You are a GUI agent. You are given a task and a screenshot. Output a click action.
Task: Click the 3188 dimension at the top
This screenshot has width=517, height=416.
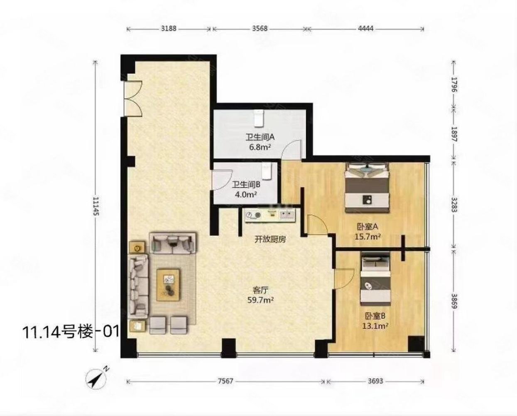[x=169, y=29]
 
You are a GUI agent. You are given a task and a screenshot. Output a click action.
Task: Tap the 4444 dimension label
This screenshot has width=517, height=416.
[x=365, y=29]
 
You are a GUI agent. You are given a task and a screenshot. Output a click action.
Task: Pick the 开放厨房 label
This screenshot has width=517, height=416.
[x=270, y=240]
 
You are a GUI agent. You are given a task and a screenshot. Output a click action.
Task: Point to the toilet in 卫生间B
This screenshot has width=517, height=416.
[x=267, y=171]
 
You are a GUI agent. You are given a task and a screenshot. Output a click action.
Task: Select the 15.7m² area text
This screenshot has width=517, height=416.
[x=368, y=236]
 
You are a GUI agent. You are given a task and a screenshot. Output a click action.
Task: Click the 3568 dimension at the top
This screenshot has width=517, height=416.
[x=260, y=29]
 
